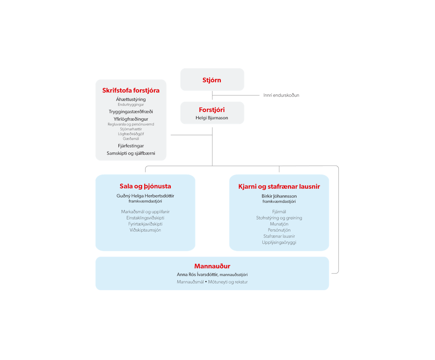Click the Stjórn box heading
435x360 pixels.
(x=212, y=80)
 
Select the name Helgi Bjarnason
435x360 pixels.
(x=212, y=118)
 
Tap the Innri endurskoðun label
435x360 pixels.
(x=281, y=95)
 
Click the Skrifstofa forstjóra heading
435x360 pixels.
(x=131, y=91)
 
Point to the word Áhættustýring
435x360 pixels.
(x=131, y=99)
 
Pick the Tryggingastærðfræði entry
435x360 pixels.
(x=131, y=112)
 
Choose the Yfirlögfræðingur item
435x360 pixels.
(x=131, y=119)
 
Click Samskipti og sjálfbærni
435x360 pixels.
(x=131, y=153)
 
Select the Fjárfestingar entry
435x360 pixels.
(x=131, y=146)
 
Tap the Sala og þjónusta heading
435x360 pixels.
(x=145, y=186)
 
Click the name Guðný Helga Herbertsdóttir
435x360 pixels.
(x=145, y=196)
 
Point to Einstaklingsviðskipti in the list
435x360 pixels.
(x=145, y=218)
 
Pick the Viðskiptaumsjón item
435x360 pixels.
(x=145, y=230)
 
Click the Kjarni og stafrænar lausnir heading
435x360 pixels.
(x=279, y=187)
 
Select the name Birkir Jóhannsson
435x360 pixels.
(x=279, y=196)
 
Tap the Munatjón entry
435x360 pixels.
(x=279, y=224)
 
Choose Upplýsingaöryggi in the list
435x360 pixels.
(x=279, y=242)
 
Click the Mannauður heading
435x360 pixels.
(x=212, y=266)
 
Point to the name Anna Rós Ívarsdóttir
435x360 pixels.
(x=197, y=275)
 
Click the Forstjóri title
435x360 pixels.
(x=212, y=110)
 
